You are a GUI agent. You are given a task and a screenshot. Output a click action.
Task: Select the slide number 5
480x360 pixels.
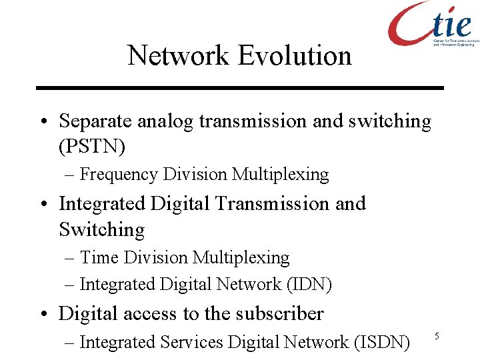coord(437,336)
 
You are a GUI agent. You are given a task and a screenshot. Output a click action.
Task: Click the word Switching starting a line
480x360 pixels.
coord(101,229)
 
